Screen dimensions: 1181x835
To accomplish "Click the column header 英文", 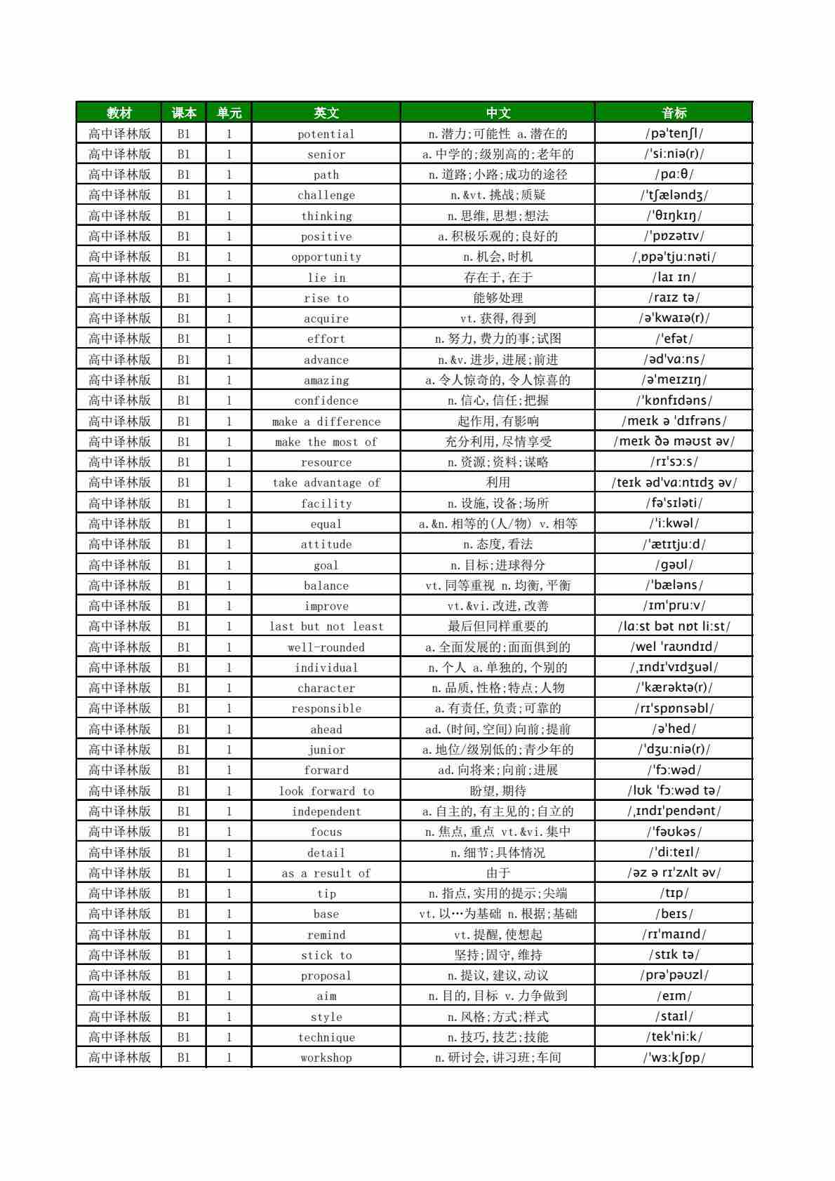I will tap(326, 113).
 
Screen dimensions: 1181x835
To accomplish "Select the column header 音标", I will tap(674, 113).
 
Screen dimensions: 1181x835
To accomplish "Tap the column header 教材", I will tap(119, 113).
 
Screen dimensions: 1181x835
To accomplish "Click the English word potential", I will tap(326, 134).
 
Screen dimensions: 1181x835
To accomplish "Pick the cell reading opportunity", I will tap(326, 257).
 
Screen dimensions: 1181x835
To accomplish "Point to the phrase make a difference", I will tap(326, 421).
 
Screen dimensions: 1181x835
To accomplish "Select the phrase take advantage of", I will tap(326, 482).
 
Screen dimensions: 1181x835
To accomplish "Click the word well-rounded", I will tap(326, 647).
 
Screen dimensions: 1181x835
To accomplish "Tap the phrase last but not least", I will tap(326, 626).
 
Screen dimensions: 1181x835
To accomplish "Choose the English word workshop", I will tap(326, 1058).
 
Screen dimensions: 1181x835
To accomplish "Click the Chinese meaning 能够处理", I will tap(498, 298).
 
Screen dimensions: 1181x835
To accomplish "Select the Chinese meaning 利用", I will tap(498, 482).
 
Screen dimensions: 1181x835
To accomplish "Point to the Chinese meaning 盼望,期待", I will tap(498, 791).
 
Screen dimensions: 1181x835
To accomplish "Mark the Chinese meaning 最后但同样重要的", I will tap(498, 626).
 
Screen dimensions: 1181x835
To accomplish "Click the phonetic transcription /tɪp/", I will tap(674, 893).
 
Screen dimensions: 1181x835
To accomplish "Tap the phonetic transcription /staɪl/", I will tap(674, 1016).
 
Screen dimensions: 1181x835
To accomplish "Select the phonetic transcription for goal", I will tap(674, 565).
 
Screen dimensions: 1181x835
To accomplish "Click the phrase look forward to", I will tap(326, 791).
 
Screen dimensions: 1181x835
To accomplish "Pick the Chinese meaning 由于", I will tap(498, 873).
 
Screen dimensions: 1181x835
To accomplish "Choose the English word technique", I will tap(326, 1037).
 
